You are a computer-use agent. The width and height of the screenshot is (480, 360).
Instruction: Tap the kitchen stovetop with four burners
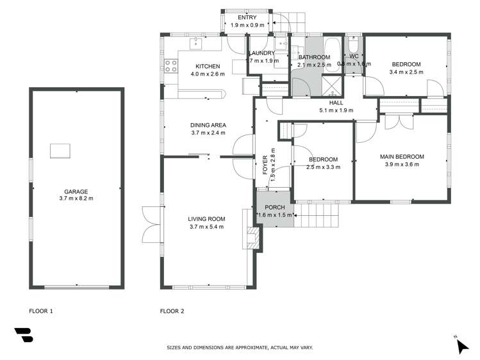171,65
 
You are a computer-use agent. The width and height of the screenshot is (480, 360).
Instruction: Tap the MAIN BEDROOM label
402,156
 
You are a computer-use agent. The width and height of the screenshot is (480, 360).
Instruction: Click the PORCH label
274,208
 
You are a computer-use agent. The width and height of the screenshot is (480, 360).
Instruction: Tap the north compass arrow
461,345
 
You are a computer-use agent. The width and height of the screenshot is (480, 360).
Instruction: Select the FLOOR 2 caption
172,311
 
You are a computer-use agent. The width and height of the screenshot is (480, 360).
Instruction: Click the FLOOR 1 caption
41,311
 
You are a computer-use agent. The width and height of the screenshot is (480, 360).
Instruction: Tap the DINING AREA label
208,125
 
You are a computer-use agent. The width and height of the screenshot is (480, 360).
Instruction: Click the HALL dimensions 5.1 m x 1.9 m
336,110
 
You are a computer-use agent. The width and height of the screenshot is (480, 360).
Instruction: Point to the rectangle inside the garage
62,151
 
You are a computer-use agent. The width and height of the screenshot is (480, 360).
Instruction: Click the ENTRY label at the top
247,17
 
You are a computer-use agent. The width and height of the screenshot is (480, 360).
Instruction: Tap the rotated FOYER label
265,166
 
